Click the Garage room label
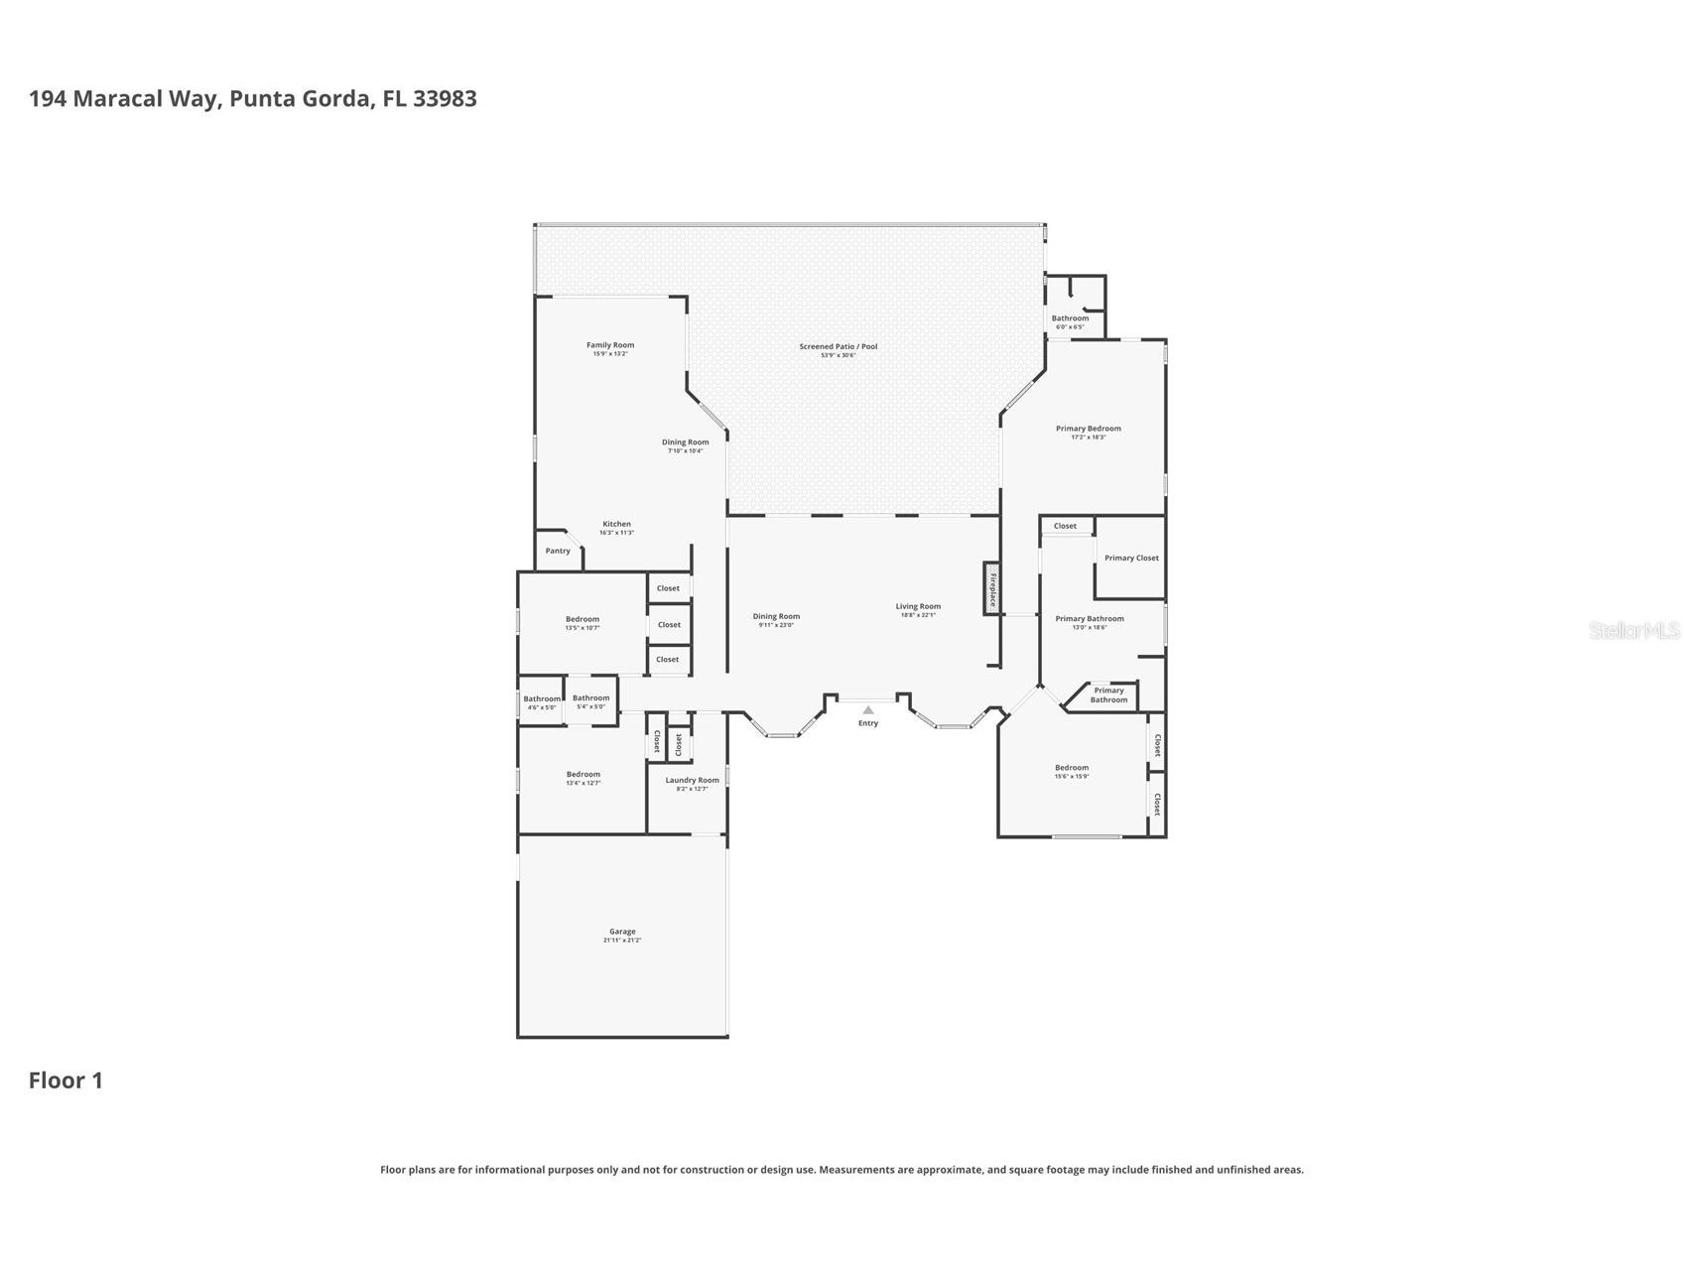coord(622,932)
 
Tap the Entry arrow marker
coord(868,710)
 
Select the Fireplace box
coord(991,588)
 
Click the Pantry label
coord(558,551)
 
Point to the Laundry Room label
coord(692,780)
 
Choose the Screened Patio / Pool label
coord(839,346)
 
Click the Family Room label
coord(609,345)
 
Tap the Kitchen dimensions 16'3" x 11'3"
coord(616,533)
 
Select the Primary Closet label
coord(1131,558)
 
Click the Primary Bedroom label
coord(1088,429)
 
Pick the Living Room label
coord(918,606)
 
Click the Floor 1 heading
coord(65,1080)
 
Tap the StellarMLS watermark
coord(1633,630)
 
